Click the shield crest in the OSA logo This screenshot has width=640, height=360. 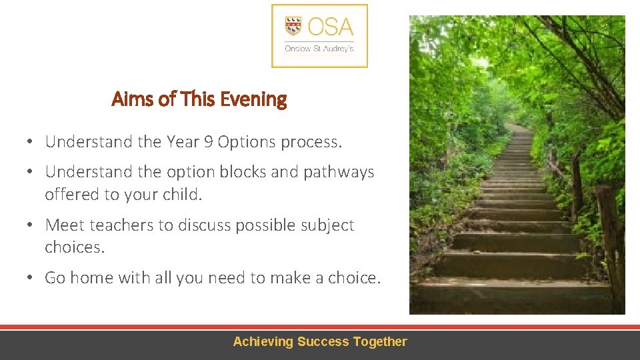coord(293,27)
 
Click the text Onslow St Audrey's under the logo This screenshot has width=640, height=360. coord(319,49)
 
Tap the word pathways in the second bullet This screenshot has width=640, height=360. coord(339,172)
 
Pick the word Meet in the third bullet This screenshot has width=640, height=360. coord(65,225)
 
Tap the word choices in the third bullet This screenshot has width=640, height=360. coord(73,247)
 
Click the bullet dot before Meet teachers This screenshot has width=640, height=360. coord(31,226)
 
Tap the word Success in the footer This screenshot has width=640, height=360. coord(323,342)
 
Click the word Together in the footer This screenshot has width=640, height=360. coord(380,342)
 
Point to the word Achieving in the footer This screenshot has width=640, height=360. coord(263,342)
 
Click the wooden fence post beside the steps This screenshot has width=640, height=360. coord(608,240)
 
